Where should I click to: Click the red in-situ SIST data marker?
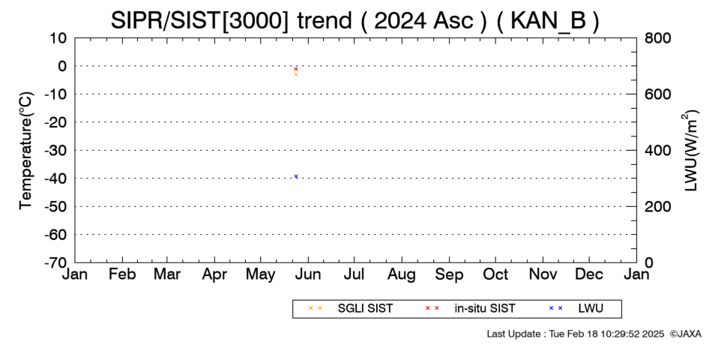pyautogui.click(x=296, y=69)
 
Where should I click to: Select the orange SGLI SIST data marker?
pyautogui.click(x=296, y=74)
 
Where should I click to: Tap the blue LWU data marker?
pyautogui.click(x=296, y=176)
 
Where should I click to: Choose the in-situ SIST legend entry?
pyautogui.click(x=470, y=308)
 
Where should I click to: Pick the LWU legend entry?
pyautogui.click(x=576, y=308)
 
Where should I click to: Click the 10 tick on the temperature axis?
pyautogui.click(x=58, y=38)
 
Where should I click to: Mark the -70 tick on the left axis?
pyautogui.click(x=55, y=262)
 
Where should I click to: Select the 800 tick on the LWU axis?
pyautogui.click(x=657, y=38)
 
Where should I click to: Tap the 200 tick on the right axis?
pyautogui.click(x=657, y=206)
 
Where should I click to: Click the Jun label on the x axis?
pyautogui.click(x=308, y=274)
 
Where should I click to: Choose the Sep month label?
pyautogui.click(x=449, y=274)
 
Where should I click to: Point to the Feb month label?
pyautogui.click(x=122, y=274)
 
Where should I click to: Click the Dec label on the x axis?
pyautogui.click(x=589, y=274)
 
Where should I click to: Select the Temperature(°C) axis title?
pyautogui.click(x=26, y=151)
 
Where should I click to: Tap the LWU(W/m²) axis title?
pyautogui.click(x=690, y=151)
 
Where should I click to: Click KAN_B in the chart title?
pyautogui.click(x=549, y=21)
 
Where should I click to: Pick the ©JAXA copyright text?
pyautogui.click(x=686, y=334)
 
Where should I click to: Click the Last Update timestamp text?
pyautogui.click(x=576, y=334)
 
